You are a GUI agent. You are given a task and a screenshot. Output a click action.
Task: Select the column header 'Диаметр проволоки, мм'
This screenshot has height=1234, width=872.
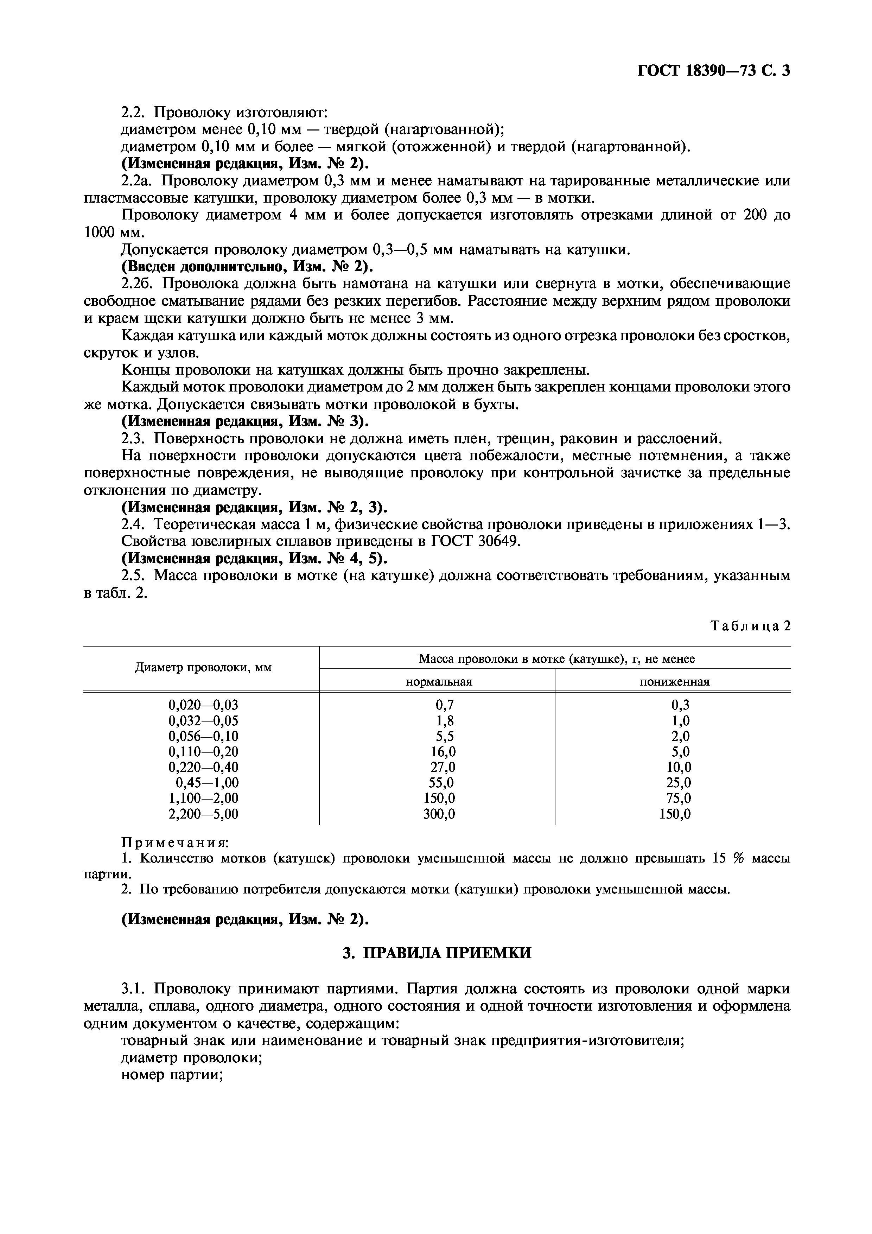203,668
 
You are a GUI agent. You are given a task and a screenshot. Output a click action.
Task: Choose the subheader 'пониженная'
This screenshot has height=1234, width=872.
674,682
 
